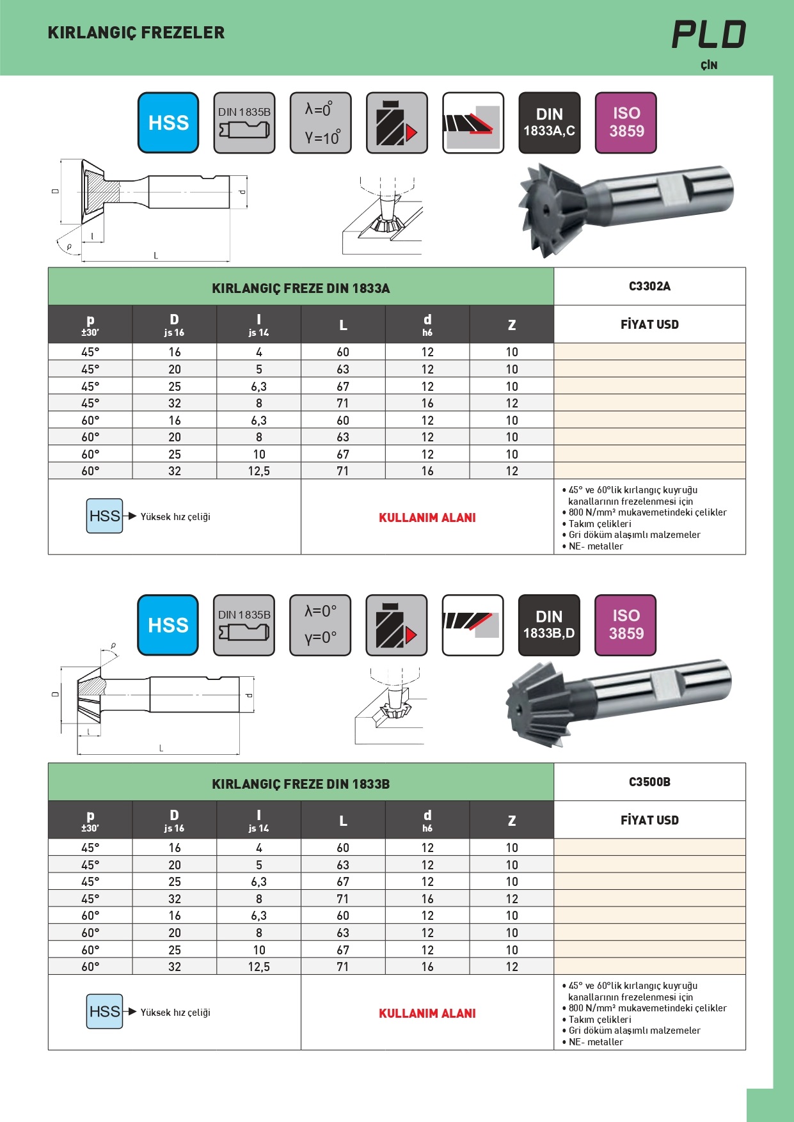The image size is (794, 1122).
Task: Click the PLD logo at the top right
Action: click(x=708, y=35)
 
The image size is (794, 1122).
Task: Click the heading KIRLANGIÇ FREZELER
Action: click(x=136, y=33)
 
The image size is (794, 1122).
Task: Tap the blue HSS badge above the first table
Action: click(x=168, y=123)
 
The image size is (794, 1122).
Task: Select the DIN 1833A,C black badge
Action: click(x=549, y=123)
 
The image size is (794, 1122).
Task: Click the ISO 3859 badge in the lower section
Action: click(x=625, y=625)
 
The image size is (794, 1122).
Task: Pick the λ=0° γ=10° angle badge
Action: click(x=321, y=123)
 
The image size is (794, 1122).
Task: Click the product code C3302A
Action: click(x=649, y=286)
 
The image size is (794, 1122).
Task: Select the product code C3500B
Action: click(x=649, y=782)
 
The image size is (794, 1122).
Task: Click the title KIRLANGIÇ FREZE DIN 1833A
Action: click(x=301, y=288)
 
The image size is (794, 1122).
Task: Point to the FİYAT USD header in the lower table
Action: click(x=649, y=820)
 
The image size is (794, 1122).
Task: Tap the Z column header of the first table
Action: click(x=512, y=325)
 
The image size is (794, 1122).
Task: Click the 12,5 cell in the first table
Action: click(x=259, y=471)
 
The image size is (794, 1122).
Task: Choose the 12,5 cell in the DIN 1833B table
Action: click(x=259, y=967)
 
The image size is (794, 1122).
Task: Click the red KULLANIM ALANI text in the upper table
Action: click(x=427, y=518)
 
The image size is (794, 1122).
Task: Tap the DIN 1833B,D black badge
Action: click(x=549, y=625)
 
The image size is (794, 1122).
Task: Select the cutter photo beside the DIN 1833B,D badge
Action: click(x=617, y=700)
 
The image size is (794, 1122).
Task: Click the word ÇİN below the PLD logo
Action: click(x=709, y=65)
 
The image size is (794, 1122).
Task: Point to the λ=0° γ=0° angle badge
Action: click(x=320, y=625)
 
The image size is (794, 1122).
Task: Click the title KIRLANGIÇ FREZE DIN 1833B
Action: click(x=301, y=784)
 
